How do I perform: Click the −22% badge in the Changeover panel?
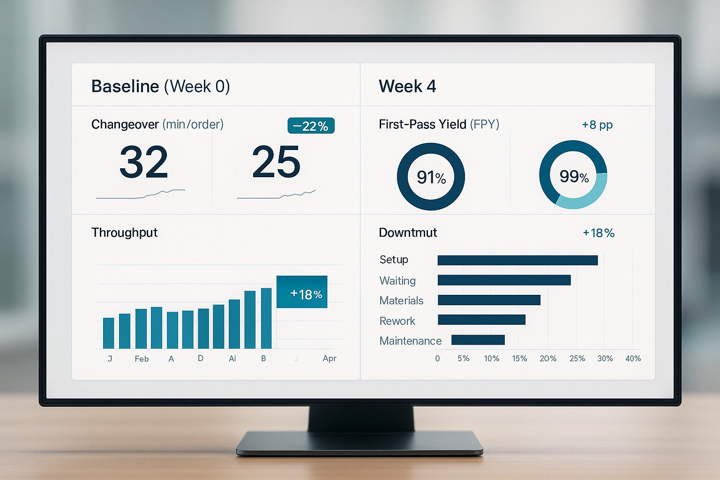311,126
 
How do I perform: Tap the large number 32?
143,162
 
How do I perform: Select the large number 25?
276,162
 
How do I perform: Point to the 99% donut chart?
573,175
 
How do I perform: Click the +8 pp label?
597,125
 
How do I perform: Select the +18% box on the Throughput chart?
302,292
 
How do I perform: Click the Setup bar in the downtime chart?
517,260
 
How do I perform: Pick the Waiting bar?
504,280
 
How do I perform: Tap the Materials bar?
489,300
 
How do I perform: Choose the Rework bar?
481,320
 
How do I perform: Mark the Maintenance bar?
478,340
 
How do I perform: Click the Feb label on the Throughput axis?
142,359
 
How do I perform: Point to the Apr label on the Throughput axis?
330,358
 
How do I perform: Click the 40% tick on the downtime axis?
633,359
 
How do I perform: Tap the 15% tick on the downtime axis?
519,359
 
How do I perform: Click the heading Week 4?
407,86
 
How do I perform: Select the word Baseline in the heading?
125,86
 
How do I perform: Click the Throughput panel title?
124,232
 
